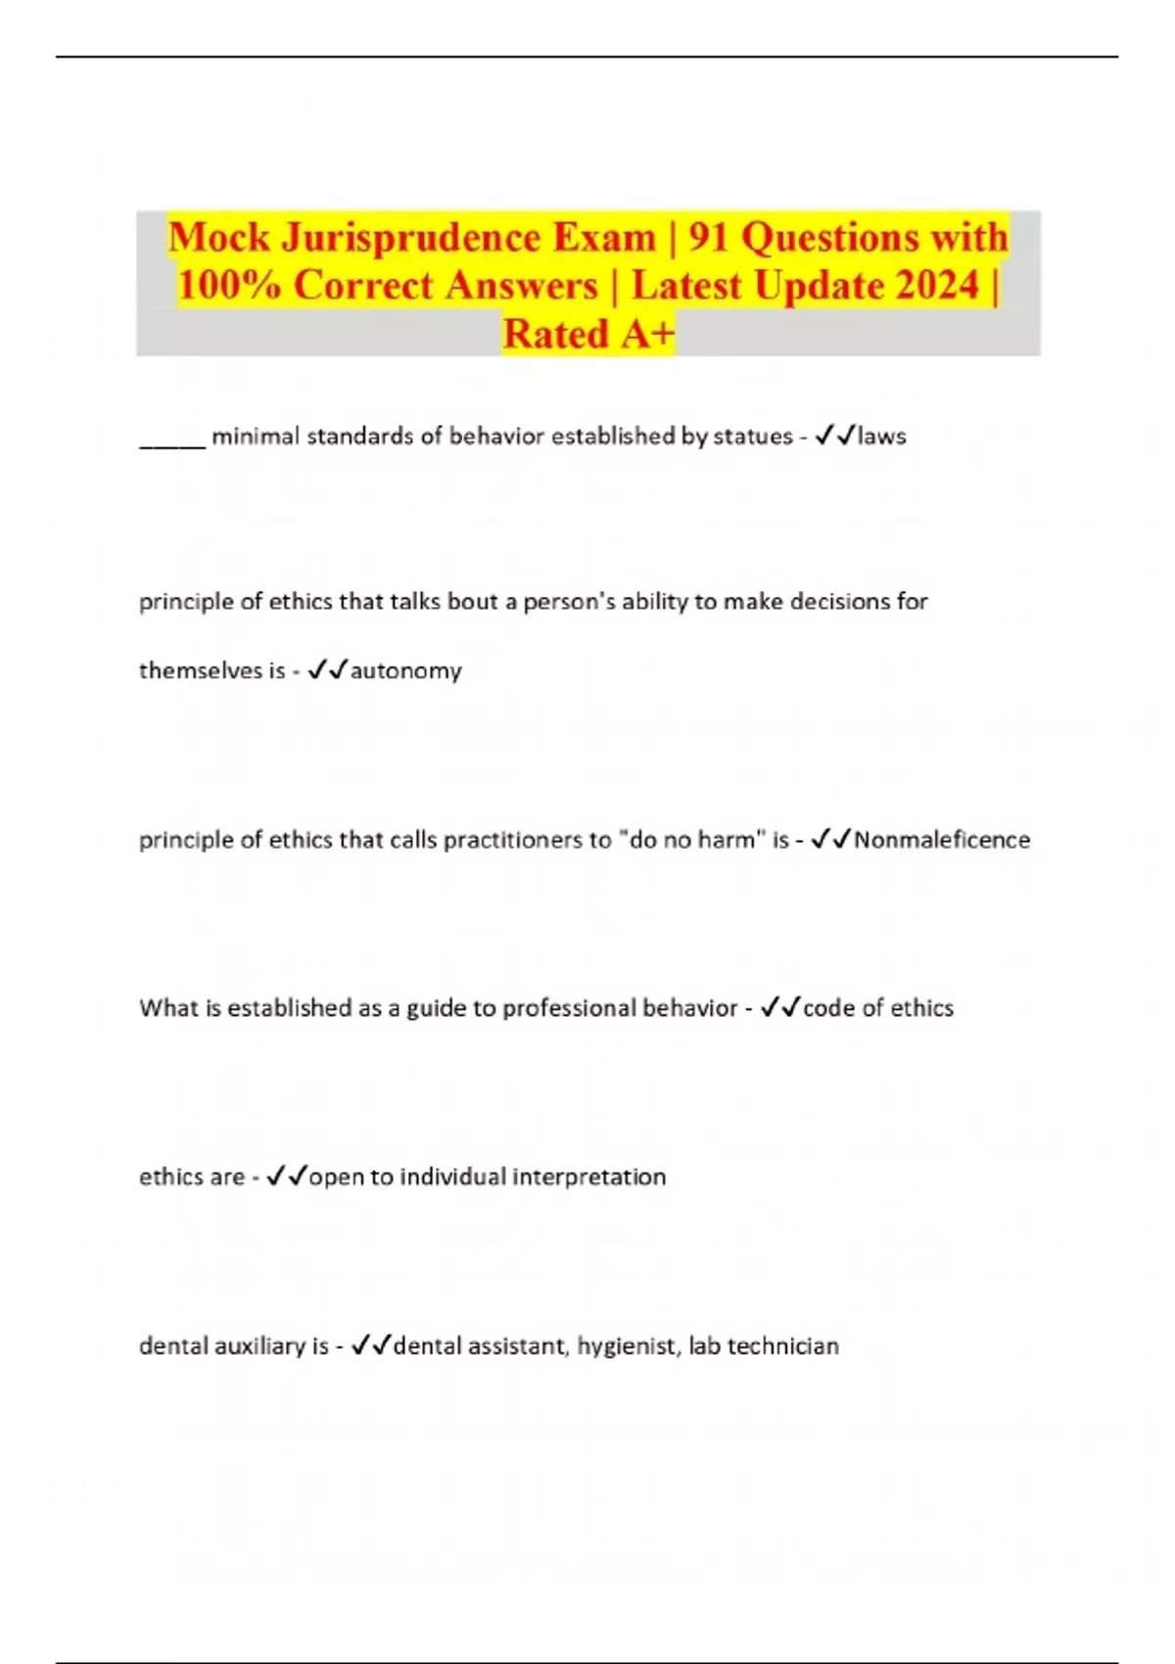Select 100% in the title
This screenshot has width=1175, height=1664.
228,286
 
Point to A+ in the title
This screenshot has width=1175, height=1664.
645,334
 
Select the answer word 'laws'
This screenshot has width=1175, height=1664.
881,437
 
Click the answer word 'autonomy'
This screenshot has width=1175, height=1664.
405,671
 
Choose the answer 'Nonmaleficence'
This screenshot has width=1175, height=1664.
941,840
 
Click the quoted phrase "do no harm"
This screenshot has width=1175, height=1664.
691,840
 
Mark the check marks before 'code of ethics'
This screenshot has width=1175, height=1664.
780,1007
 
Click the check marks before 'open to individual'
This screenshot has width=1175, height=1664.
287,1176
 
